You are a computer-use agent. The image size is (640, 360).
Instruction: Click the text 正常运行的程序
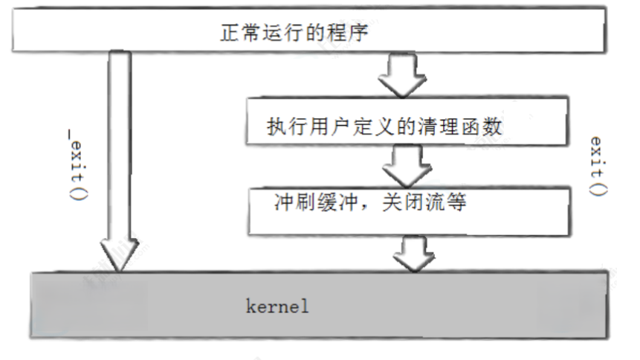pyautogui.click(x=294, y=33)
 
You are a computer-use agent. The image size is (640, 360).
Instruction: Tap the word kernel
pyautogui.click(x=277, y=306)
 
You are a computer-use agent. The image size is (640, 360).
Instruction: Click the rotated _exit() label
pyautogui.click(x=78, y=164)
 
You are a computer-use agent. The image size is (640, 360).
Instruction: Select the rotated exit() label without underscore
pyautogui.click(x=598, y=167)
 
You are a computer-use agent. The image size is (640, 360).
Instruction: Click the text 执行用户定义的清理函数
pyautogui.click(x=384, y=126)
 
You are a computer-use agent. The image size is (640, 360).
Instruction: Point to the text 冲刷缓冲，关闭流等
pyautogui.click(x=369, y=202)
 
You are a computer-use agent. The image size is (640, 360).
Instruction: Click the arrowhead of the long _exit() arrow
pyautogui.click(x=119, y=255)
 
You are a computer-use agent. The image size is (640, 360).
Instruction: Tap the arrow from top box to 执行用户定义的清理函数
pyautogui.click(x=402, y=76)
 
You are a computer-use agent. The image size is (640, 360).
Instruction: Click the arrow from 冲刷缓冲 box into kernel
pyautogui.click(x=414, y=254)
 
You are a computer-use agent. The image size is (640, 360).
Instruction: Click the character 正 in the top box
pyautogui.click(x=230, y=33)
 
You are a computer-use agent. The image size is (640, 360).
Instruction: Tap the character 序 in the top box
pyautogui.click(x=358, y=33)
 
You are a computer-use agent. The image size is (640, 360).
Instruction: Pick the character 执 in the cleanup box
pyautogui.click(x=277, y=126)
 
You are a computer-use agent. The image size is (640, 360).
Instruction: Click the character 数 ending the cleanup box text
pyautogui.click(x=492, y=126)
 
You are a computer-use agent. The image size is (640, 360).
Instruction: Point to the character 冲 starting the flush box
pyautogui.click(x=284, y=202)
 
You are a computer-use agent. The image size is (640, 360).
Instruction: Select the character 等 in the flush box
pyautogui.click(x=456, y=202)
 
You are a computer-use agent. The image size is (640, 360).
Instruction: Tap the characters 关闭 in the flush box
pyautogui.click(x=402, y=202)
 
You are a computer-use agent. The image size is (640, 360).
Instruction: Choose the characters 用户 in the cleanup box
pyautogui.click(x=330, y=126)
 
